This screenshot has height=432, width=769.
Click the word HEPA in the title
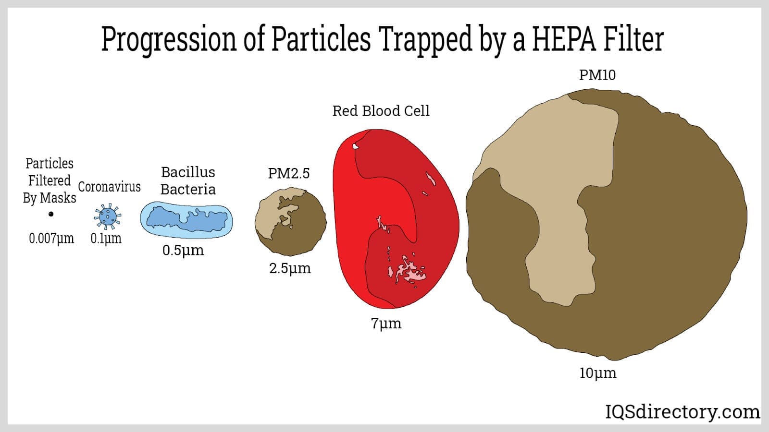click(x=564, y=39)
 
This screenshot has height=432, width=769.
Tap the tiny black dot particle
click(x=51, y=214)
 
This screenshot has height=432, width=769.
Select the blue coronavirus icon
click(x=108, y=216)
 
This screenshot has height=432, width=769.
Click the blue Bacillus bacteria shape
click(x=186, y=220)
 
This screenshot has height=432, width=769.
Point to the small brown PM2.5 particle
click(x=290, y=221)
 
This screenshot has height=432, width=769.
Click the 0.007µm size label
click(x=51, y=238)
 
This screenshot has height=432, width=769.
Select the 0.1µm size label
click(x=106, y=238)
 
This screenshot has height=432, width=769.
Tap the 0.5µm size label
click(x=183, y=250)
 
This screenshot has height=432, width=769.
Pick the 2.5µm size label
click(x=290, y=268)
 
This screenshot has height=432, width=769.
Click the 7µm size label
click(x=386, y=324)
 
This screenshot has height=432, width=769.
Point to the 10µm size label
click(x=598, y=372)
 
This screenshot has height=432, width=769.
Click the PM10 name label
click(x=598, y=75)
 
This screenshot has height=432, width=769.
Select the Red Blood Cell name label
click(x=381, y=111)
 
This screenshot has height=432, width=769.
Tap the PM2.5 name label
click(x=289, y=173)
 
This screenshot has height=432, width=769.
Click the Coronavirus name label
click(x=110, y=187)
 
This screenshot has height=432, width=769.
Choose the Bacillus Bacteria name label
click(x=188, y=180)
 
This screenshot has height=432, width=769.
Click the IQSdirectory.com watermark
click(x=682, y=412)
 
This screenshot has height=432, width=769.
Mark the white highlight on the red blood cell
click(x=356, y=146)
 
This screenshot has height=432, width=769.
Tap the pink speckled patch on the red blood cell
click(x=408, y=271)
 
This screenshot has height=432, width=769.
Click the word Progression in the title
click(x=169, y=40)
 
